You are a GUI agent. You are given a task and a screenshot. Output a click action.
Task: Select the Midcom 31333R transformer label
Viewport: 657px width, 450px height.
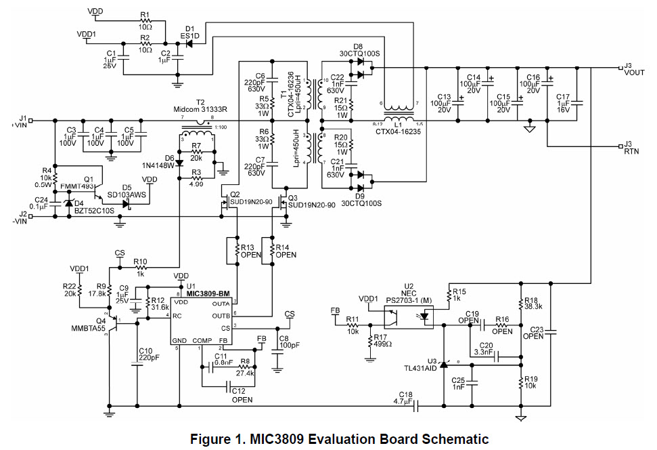(202, 110)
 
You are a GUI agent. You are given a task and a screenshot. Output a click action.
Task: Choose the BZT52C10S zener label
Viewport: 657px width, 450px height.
(95, 210)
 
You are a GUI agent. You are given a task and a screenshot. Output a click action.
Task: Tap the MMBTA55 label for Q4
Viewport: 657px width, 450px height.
(85, 329)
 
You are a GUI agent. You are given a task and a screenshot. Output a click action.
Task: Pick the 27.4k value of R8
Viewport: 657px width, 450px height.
(246, 373)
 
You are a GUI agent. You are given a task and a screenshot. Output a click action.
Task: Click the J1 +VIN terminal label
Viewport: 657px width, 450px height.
(19, 121)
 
